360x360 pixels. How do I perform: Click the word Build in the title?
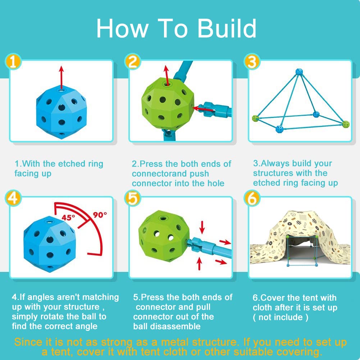click(x=227, y=28)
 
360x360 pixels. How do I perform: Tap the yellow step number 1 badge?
click(x=13, y=61)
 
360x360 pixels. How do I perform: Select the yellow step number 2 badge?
click(x=132, y=61)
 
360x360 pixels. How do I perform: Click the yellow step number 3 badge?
click(x=252, y=61)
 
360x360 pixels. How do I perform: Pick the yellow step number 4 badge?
click(x=13, y=198)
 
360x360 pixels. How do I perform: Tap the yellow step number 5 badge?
click(x=132, y=198)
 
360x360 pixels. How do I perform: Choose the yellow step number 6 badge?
click(x=252, y=198)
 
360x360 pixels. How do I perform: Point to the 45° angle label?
click(x=68, y=217)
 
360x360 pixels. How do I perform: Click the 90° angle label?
click(x=100, y=215)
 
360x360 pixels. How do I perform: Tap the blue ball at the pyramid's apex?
click(x=299, y=72)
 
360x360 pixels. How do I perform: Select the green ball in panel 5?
click(x=164, y=236)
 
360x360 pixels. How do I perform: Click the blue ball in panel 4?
click(x=50, y=244)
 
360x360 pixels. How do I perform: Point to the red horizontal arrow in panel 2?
click(x=203, y=109)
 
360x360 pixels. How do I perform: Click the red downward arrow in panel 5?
click(x=202, y=227)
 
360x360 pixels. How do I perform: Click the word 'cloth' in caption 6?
click(x=262, y=307)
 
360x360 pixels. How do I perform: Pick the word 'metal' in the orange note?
click(x=175, y=342)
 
